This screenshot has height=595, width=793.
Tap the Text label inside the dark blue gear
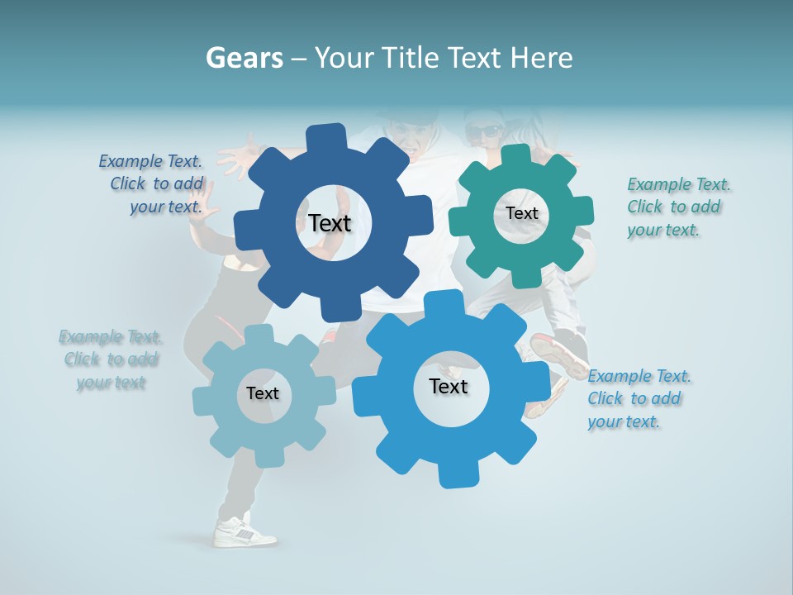330,223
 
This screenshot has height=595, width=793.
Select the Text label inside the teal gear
521,213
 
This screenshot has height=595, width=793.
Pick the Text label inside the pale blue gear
262,393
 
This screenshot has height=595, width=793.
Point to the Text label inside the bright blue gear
449,387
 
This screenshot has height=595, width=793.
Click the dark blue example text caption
152,184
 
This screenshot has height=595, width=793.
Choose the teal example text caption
677,207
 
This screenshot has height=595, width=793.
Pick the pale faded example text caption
111,359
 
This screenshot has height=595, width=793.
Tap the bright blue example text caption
638,398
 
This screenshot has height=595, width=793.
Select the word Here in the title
542,58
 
